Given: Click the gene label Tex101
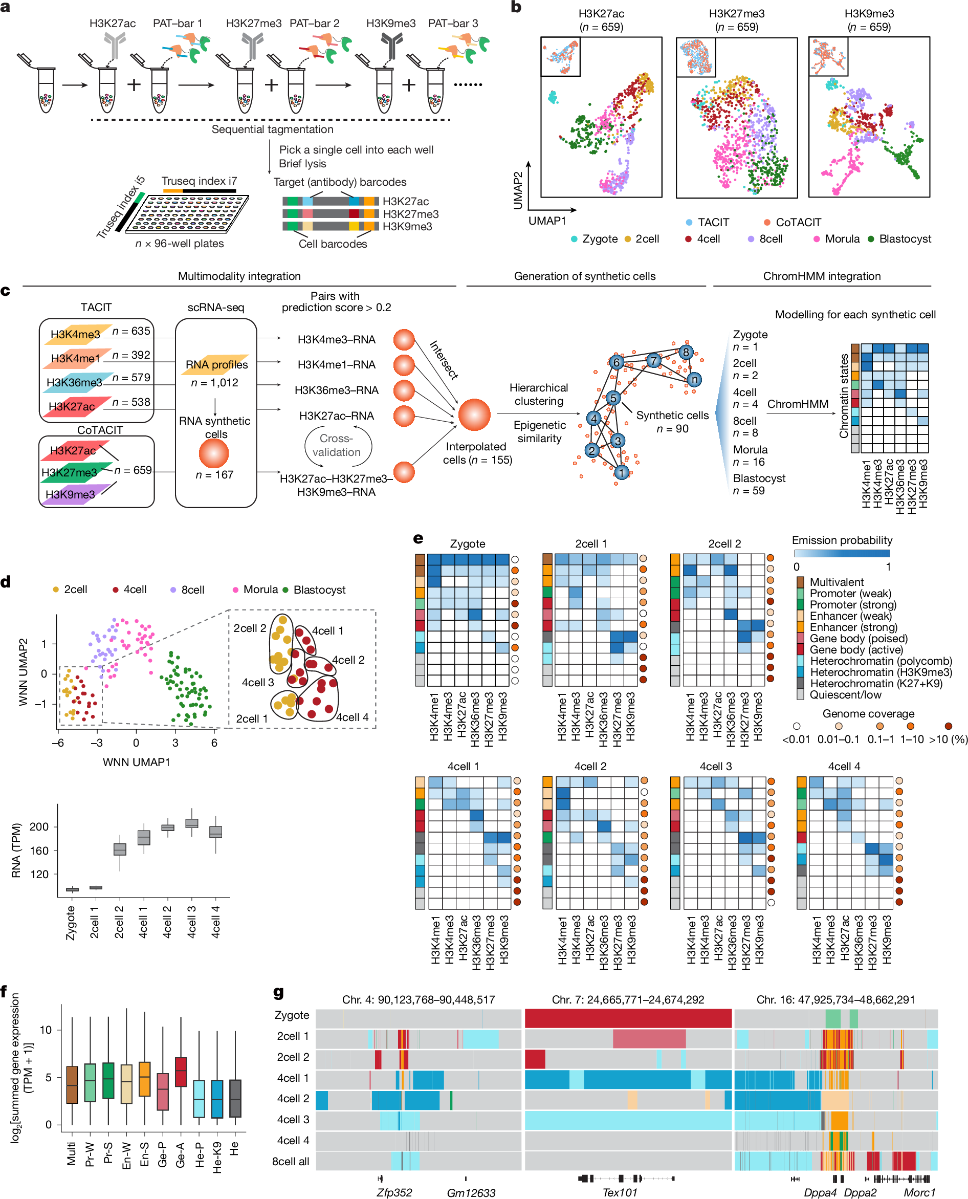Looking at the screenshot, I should pos(619,1192).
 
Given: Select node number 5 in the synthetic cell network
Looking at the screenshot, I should pos(613,398).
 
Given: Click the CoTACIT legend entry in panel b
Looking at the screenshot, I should pos(798,223).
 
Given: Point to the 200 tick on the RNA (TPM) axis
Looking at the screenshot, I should pos(39,826).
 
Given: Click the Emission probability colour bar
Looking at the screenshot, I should pos(842,553).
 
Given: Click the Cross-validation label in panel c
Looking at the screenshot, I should pos(336,445).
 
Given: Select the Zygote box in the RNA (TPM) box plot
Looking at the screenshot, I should pos(72,889).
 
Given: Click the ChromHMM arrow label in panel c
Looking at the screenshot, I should pos(798,404).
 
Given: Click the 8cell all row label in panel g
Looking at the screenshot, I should pos(290,1161).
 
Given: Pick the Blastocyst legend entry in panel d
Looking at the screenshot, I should pos(319,590).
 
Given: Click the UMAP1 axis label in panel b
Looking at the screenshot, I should pos(547,221).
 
